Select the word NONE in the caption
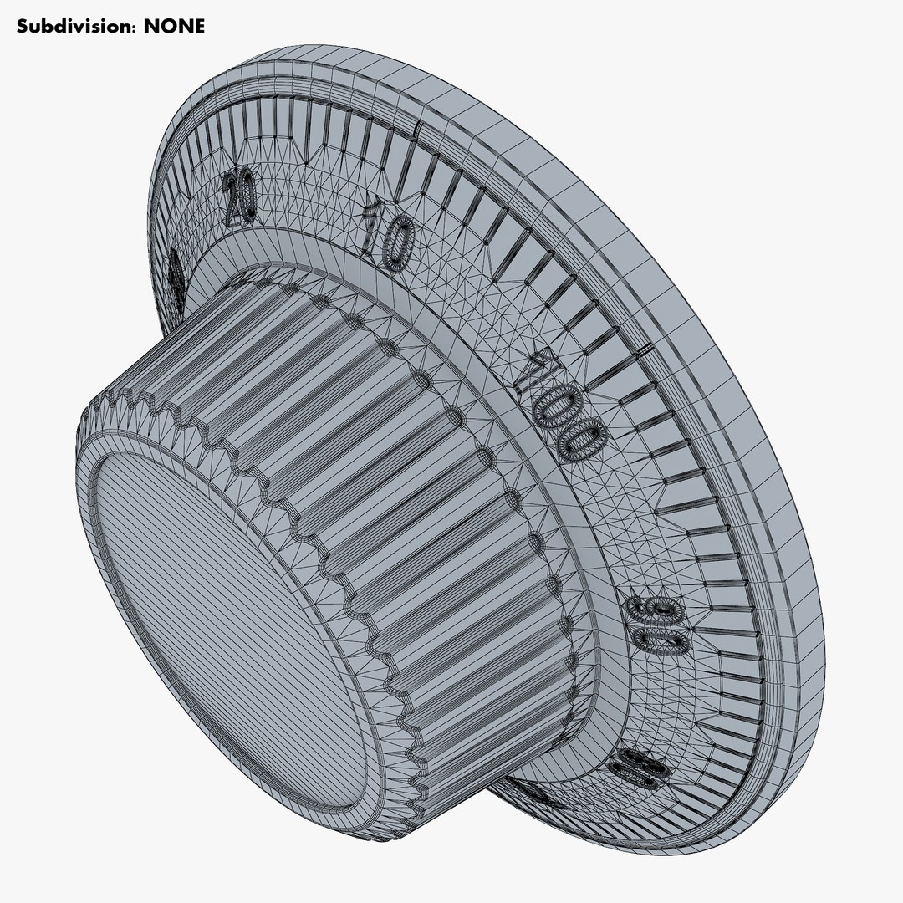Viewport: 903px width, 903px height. coord(174,26)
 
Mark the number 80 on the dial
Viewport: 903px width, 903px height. coord(640,766)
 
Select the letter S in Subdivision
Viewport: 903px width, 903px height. coord(23,26)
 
